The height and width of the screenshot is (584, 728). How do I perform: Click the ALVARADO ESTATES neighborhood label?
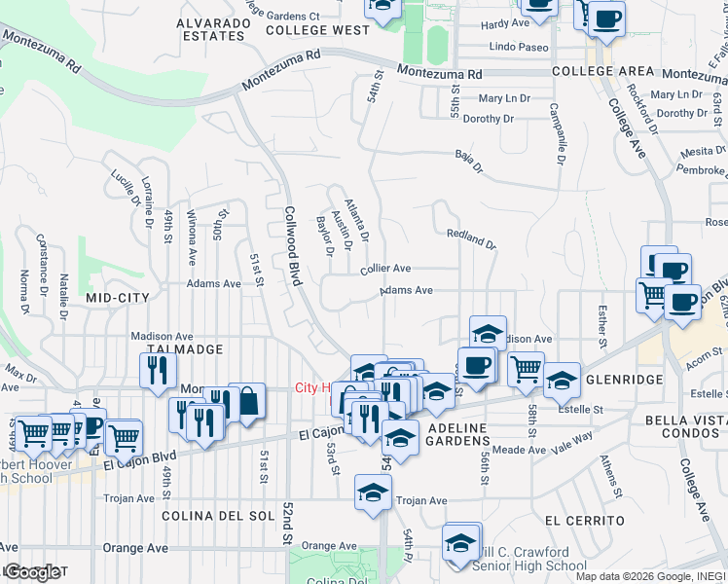click(211, 28)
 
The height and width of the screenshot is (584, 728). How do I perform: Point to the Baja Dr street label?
click(469, 162)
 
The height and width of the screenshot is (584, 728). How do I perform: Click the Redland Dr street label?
click(471, 239)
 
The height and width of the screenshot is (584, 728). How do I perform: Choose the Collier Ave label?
click(385, 268)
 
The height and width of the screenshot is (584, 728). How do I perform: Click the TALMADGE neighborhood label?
click(185, 348)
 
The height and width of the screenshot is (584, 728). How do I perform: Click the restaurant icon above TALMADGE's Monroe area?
click(157, 371)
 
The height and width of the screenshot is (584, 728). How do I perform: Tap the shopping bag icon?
click(247, 401)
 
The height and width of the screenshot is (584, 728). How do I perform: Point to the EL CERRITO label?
click(583, 521)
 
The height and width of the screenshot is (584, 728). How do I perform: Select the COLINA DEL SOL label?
click(214, 515)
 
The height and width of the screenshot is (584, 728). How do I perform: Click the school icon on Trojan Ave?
click(373, 493)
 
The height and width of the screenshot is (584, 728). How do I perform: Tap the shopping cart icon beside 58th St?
click(526, 369)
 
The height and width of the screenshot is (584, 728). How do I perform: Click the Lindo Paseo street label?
click(520, 47)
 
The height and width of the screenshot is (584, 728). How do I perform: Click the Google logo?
click(31, 572)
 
